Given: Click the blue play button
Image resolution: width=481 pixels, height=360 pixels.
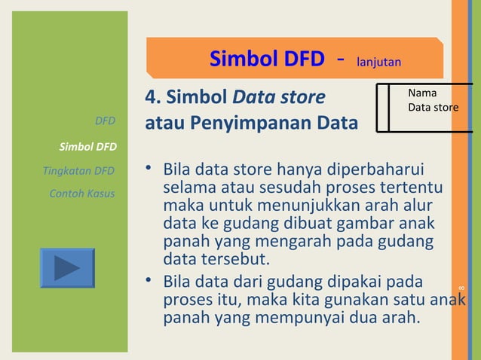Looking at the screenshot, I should click(x=67, y=268).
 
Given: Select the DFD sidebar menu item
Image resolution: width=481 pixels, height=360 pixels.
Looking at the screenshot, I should click(x=105, y=121).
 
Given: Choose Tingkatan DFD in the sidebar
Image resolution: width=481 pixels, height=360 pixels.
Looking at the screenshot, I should click(x=79, y=170).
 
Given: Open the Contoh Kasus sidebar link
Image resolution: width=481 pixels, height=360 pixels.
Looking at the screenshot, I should click(x=82, y=194).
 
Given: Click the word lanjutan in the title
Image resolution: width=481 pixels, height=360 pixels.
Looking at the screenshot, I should click(x=378, y=60).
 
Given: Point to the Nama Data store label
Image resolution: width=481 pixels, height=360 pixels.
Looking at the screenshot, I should click(x=433, y=101).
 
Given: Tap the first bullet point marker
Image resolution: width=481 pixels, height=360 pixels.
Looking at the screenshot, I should click(x=150, y=166).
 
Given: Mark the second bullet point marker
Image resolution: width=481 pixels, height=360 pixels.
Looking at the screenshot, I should click(x=150, y=282).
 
